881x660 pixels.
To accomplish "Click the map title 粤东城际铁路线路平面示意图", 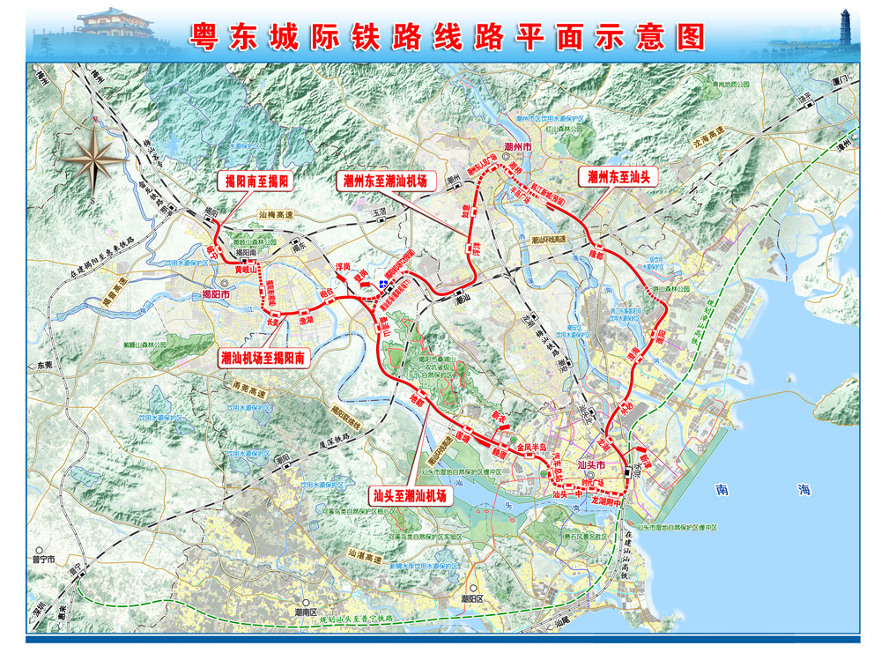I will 448,34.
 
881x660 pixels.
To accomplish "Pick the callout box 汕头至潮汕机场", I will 407,496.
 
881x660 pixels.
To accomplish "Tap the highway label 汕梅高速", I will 279,214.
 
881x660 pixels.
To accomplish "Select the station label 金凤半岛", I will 534,448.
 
